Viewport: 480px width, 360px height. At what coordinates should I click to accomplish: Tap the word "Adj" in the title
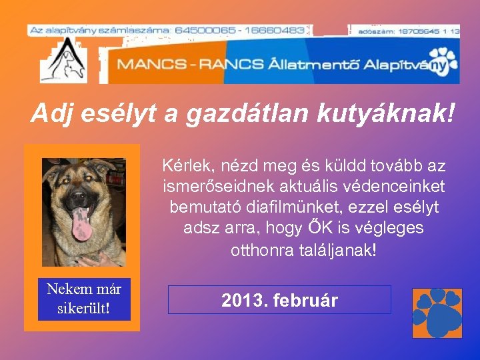click(x=51, y=113)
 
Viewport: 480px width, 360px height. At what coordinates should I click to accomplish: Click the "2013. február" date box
click(x=279, y=300)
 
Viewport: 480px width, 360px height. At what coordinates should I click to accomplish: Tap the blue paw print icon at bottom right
click(x=437, y=313)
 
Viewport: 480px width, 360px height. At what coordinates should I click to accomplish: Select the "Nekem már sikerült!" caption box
click(x=84, y=299)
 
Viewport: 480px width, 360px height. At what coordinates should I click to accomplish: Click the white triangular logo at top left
click(x=63, y=60)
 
